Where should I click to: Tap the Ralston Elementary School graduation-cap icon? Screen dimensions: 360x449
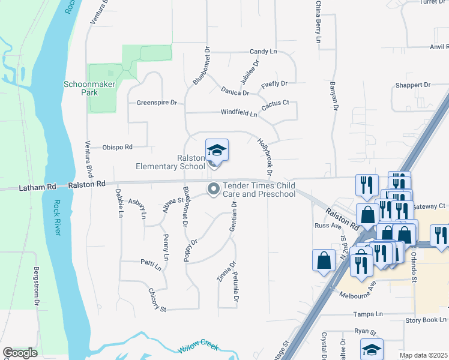(x=217, y=150)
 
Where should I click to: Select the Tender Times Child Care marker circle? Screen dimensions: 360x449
(x=213, y=190)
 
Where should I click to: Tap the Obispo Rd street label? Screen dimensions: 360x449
(x=117, y=146)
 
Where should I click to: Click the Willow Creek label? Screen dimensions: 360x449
(x=197, y=348)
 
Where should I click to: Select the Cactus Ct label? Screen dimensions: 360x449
(x=276, y=103)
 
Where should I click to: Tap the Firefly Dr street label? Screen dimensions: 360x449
(x=274, y=84)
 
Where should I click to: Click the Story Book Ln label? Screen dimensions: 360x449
(x=426, y=320)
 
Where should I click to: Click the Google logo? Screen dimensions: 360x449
(x=20, y=353)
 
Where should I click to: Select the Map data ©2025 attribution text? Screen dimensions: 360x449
(x=424, y=355)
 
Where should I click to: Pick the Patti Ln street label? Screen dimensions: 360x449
(x=151, y=265)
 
